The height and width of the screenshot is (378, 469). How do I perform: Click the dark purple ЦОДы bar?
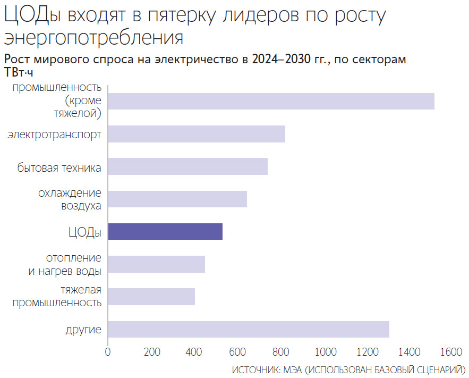click(165, 232)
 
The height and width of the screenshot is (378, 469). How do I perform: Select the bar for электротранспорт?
click(197, 134)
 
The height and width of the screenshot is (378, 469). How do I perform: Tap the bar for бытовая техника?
click(187, 166)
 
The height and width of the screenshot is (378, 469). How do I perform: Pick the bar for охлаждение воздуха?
click(177, 199)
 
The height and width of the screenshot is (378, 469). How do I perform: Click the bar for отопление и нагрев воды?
click(156, 264)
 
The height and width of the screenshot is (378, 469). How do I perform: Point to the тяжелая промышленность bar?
click(151, 297)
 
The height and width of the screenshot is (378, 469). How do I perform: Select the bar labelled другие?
click(249, 329)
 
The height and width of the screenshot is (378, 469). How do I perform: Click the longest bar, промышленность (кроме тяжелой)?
click(271, 101)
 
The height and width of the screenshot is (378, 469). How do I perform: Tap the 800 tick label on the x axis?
click(281, 352)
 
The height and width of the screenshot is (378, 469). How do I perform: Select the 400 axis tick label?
click(194, 352)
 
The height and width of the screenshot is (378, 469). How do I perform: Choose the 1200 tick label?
click(368, 352)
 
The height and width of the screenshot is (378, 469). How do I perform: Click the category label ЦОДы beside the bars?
click(84, 232)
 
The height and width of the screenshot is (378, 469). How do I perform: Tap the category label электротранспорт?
click(54, 135)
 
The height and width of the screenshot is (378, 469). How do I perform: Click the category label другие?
click(83, 330)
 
